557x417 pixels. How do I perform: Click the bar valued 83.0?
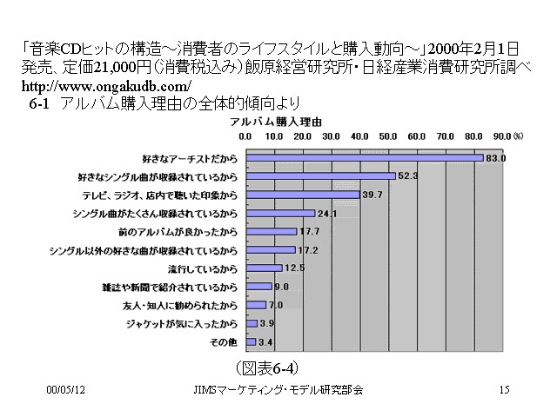tap(364, 158)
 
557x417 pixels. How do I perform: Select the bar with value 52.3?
tap(320, 176)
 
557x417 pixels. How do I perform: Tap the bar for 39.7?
tap(302, 195)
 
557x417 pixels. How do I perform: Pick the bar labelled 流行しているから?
tap(264, 268)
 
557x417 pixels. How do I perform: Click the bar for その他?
tap(251, 341)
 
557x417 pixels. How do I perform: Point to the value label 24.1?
tap(326, 213)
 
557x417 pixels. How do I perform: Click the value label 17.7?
tap(308, 231)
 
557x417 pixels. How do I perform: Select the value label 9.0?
tap(280, 287)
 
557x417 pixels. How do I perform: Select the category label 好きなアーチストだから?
tap(188, 158)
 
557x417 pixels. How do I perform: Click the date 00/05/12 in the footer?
tap(64, 390)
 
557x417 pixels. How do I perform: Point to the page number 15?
tap(504, 390)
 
